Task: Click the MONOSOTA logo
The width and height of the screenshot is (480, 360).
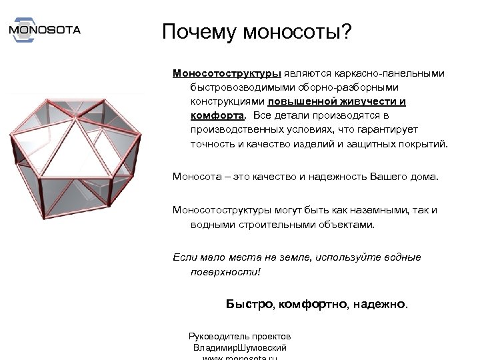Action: pos(45,29)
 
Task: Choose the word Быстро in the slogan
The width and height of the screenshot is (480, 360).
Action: pos(249,304)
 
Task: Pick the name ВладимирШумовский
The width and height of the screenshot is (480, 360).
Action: pos(239,347)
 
